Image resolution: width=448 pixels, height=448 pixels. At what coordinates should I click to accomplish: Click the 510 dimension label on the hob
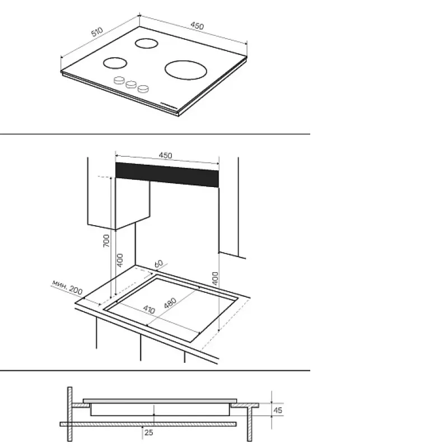pos(97,32)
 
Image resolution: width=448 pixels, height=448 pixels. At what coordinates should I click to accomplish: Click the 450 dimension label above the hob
pos(197,26)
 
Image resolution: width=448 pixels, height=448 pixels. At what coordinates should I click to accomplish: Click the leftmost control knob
pos(119,80)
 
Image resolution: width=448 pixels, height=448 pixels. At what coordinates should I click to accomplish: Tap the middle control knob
pos(131,85)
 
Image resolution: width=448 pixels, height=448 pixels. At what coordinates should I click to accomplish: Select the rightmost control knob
pos(143,89)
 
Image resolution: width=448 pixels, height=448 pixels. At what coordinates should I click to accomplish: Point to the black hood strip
pos(167,175)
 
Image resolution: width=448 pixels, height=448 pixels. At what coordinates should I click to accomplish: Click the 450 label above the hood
pos(165,156)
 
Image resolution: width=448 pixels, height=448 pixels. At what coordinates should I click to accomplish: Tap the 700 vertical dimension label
pos(106,241)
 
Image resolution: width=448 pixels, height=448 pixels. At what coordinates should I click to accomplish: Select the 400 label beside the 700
pos(120,260)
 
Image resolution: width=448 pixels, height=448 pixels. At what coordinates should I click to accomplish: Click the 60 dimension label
pos(158,264)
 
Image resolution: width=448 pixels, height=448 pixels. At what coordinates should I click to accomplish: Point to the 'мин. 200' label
pos(67,287)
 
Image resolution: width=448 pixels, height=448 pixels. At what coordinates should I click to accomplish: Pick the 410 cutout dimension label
pos(149,309)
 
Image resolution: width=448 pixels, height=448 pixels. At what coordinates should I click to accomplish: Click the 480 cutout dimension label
pos(170,303)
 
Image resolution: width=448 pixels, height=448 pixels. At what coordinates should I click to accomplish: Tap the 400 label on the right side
pos(216,278)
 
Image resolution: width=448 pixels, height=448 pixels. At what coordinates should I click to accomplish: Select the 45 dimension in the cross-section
pos(278,410)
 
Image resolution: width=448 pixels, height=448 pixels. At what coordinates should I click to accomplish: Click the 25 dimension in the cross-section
pos(148,432)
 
